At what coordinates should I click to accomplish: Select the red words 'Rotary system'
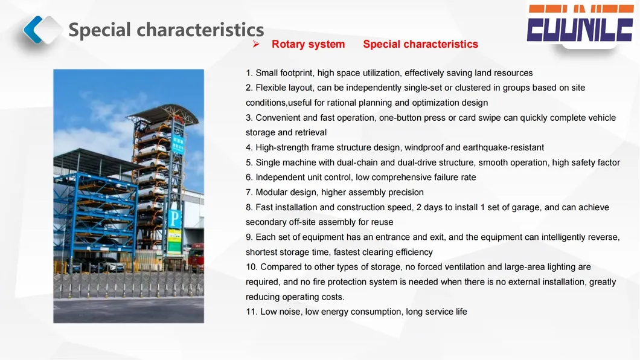(308, 44)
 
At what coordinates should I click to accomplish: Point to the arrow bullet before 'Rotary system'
(255, 44)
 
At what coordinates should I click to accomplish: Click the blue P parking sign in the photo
(174, 218)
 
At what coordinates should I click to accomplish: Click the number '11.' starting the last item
(252, 312)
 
